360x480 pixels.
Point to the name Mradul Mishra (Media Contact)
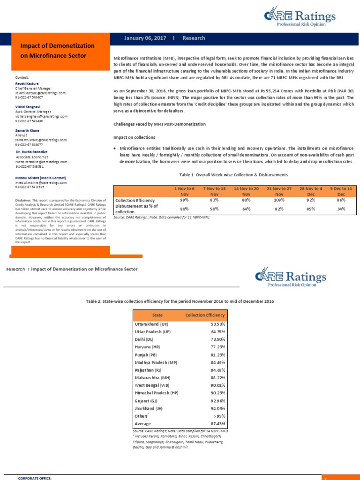(40, 178)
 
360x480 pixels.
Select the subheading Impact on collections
(135, 137)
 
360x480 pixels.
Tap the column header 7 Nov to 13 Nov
(214, 191)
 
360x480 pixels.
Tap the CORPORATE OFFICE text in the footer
(35, 478)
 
